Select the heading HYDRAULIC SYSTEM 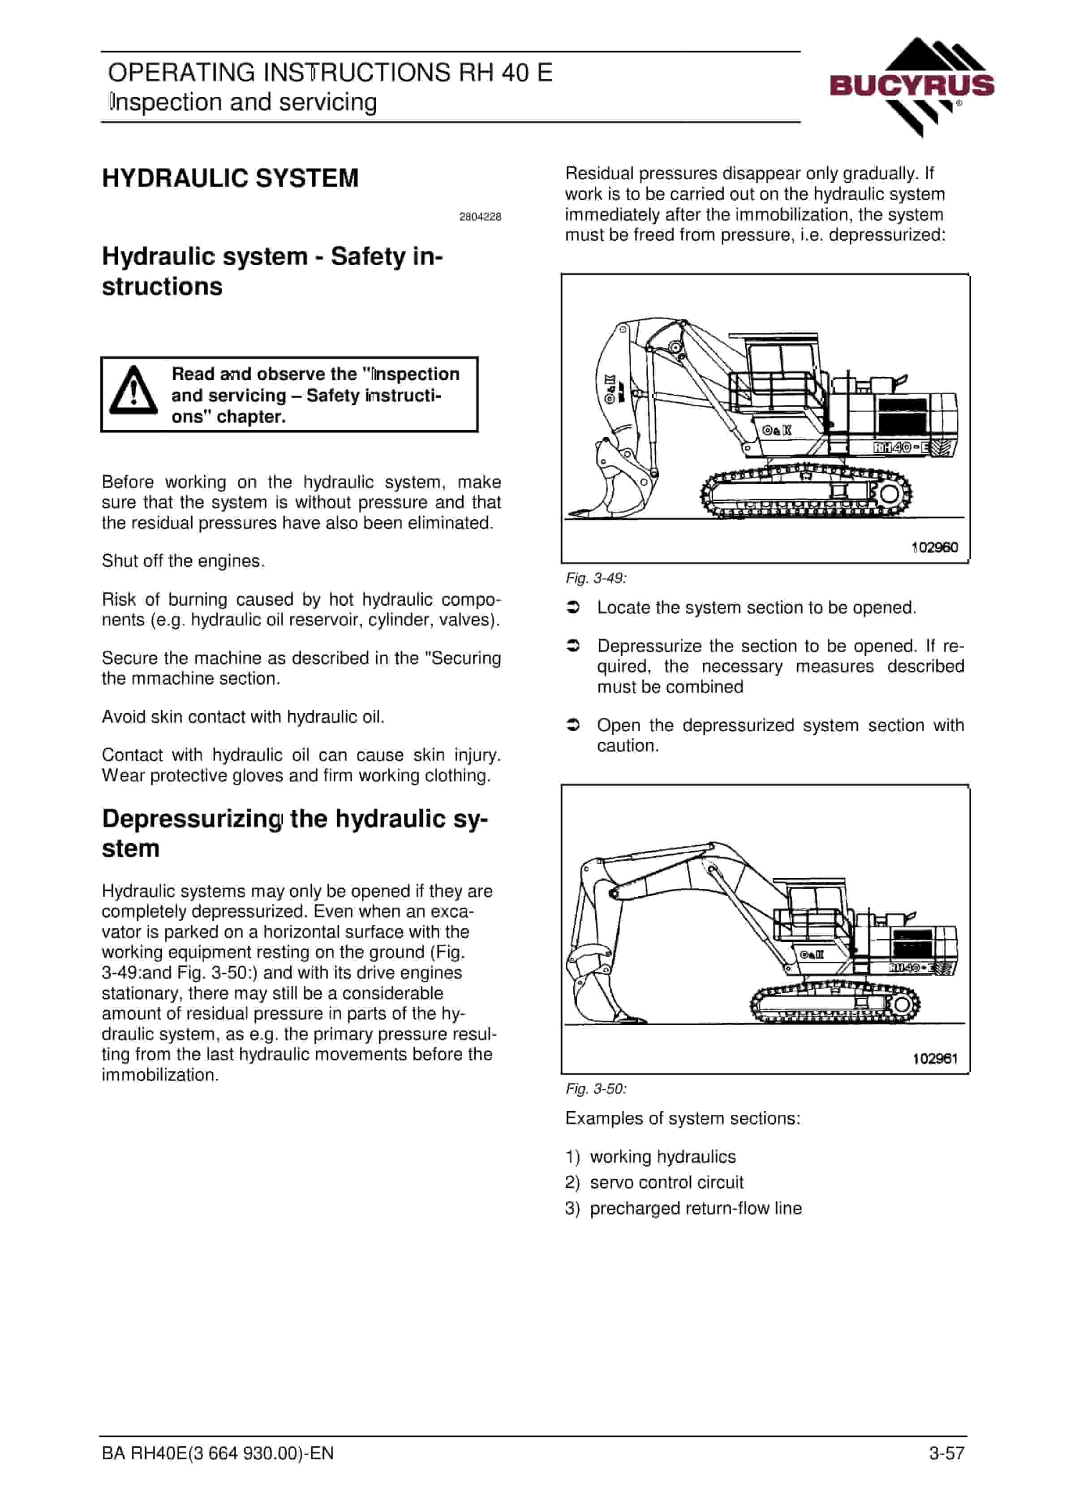tap(230, 178)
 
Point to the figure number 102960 tap(935, 548)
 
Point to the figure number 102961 tap(935, 1058)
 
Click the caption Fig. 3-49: tap(596, 578)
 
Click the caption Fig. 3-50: tap(596, 1089)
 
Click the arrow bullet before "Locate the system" tap(573, 608)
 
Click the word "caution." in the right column tap(628, 746)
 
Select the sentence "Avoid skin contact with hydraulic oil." tap(243, 717)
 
